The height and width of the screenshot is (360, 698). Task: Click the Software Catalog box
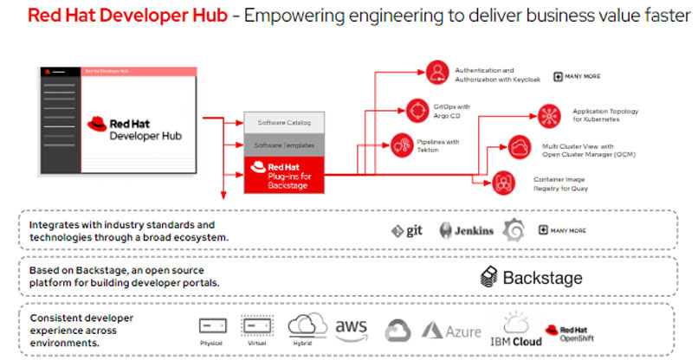click(x=284, y=121)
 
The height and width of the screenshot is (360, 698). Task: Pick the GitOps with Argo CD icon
click(x=418, y=111)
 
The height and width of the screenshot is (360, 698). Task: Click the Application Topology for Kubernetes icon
click(x=547, y=114)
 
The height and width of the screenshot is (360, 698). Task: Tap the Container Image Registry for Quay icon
click(x=503, y=181)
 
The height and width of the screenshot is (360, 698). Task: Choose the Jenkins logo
click(x=467, y=230)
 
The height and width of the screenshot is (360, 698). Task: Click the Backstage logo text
click(x=530, y=278)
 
